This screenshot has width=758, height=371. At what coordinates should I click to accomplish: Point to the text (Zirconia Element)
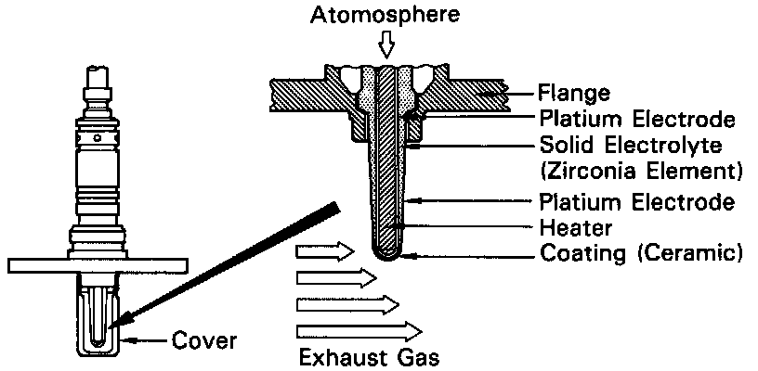pyautogui.click(x=642, y=171)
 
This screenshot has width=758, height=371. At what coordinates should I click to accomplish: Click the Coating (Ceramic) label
pyautogui.click(x=642, y=252)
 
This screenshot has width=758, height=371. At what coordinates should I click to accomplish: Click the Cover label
pyautogui.click(x=205, y=341)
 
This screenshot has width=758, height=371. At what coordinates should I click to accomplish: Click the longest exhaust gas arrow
pyautogui.click(x=359, y=330)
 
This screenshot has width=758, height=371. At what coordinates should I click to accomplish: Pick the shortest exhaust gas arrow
pyautogui.click(x=324, y=250)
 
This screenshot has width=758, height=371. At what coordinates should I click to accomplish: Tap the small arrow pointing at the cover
pyautogui.click(x=150, y=341)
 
